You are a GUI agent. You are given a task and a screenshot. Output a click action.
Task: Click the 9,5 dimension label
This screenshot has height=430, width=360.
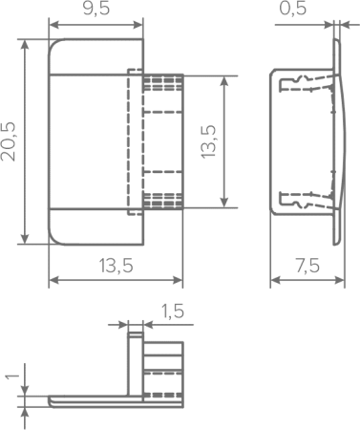(96, 9)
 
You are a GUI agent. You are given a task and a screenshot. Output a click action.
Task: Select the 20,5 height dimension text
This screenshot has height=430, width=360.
(9, 141)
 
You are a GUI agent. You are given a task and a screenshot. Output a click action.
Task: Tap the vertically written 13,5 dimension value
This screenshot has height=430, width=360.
(208, 141)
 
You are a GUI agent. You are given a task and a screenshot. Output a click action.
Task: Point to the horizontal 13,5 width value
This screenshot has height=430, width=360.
(116, 266)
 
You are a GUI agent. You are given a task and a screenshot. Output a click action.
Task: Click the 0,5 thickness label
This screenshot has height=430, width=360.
(293, 9)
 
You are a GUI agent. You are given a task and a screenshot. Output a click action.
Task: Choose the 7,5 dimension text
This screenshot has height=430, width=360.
(307, 266)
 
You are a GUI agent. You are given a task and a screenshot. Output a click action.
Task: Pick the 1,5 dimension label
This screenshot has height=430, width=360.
(173, 311)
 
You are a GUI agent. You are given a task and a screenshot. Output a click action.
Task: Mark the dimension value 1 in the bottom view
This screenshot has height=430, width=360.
(12, 376)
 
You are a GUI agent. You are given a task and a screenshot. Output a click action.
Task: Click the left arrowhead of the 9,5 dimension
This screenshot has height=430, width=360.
(54, 25)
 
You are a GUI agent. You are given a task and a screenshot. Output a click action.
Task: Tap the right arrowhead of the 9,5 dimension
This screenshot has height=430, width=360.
(138, 25)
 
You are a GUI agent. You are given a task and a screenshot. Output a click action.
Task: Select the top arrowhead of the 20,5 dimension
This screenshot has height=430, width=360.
(25, 46)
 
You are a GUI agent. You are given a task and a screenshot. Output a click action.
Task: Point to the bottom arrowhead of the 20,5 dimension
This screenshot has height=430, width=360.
(25, 239)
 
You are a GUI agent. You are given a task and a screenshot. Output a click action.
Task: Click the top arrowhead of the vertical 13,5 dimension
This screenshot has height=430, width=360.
(224, 82)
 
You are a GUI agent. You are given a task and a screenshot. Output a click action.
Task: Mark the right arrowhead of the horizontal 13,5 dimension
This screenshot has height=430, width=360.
(177, 280)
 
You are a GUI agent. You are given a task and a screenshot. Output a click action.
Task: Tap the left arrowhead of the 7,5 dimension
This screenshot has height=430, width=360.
(276, 280)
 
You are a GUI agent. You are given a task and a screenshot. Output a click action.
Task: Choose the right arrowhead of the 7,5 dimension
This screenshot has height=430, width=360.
(339, 280)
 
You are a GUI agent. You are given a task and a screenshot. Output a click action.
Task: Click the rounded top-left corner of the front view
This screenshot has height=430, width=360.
(53, 44)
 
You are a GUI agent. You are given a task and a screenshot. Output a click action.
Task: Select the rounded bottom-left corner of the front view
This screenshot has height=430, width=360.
(53, 241)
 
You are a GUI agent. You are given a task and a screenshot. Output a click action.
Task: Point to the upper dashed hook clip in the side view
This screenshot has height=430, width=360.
(306, 84)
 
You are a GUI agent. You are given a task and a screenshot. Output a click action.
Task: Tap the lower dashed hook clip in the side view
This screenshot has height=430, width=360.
(306, 201)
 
